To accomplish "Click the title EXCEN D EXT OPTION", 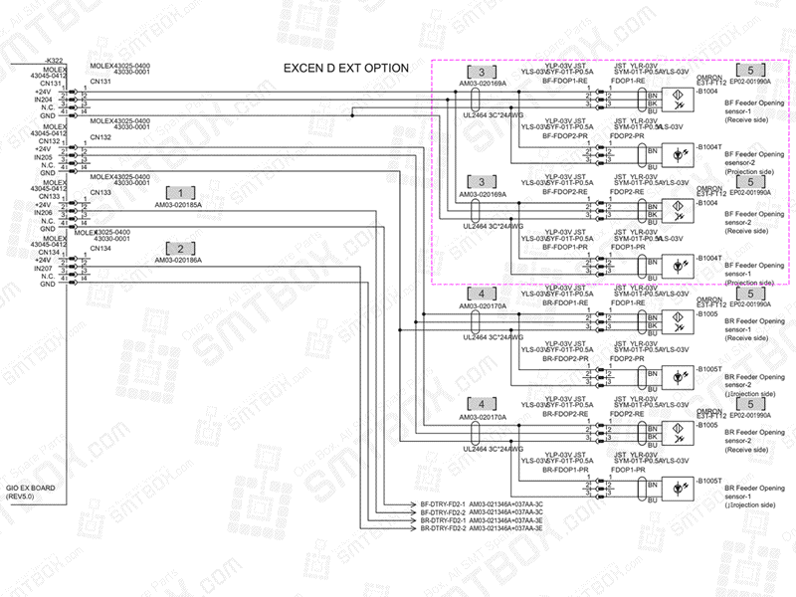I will tap(345, 68).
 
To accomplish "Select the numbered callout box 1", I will tap(180, 191).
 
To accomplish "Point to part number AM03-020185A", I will tap(178, 205).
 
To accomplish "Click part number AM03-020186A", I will tap(178, 260).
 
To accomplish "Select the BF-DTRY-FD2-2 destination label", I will tap(443, 512).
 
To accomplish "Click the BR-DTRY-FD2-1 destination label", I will tap(443, 520).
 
